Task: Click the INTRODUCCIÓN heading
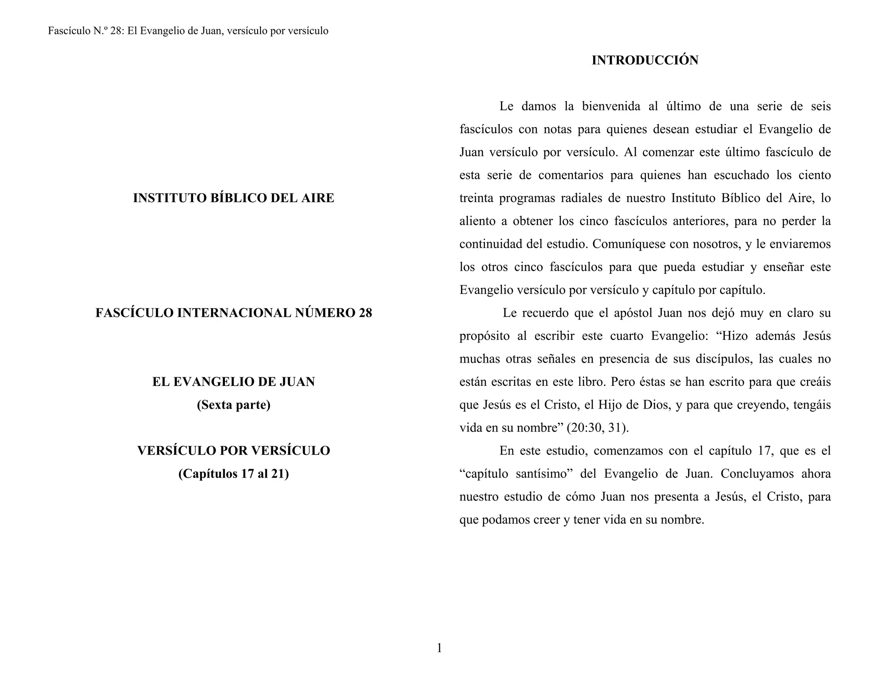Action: [645, 61]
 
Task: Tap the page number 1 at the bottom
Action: [439, 648]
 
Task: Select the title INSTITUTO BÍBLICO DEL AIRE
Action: [233, 198]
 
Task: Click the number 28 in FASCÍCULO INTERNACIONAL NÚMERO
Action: [365, 313]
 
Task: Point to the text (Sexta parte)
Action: [233, 405]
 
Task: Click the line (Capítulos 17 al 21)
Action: [233, 474]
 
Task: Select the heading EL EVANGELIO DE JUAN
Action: [233, 382]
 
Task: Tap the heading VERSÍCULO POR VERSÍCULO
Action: [233, 451]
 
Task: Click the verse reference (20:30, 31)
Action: [597, 428]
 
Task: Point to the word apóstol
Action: [633, 313]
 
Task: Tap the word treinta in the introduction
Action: [475, 198]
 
